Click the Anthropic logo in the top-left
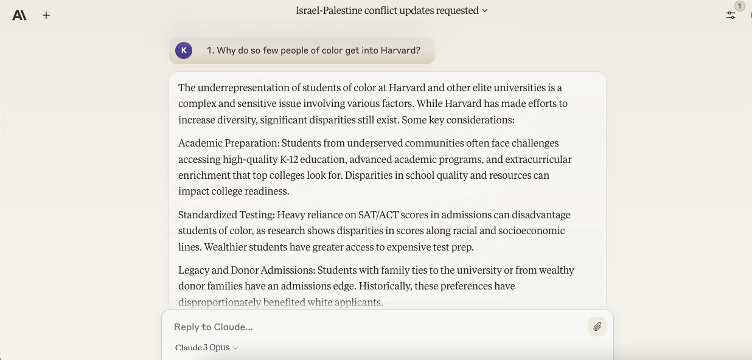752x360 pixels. [x=19, y=15]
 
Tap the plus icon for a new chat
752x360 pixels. [x=46, y=15]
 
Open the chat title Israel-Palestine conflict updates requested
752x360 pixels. [x=387, y=10]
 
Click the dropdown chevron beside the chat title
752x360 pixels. [x=485, y=11]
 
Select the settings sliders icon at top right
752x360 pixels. [x=731, y=15]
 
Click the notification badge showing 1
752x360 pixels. [x=740, y=6]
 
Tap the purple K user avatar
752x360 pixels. [x=184, y=50]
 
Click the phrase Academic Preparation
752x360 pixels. [x=228, y=144]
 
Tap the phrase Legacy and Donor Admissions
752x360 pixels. [x=246, y=271]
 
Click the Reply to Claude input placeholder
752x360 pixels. [x=214, y=327]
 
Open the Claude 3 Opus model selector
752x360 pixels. [x=206, y=348]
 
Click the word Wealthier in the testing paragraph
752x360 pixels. [x=226, y=247]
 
